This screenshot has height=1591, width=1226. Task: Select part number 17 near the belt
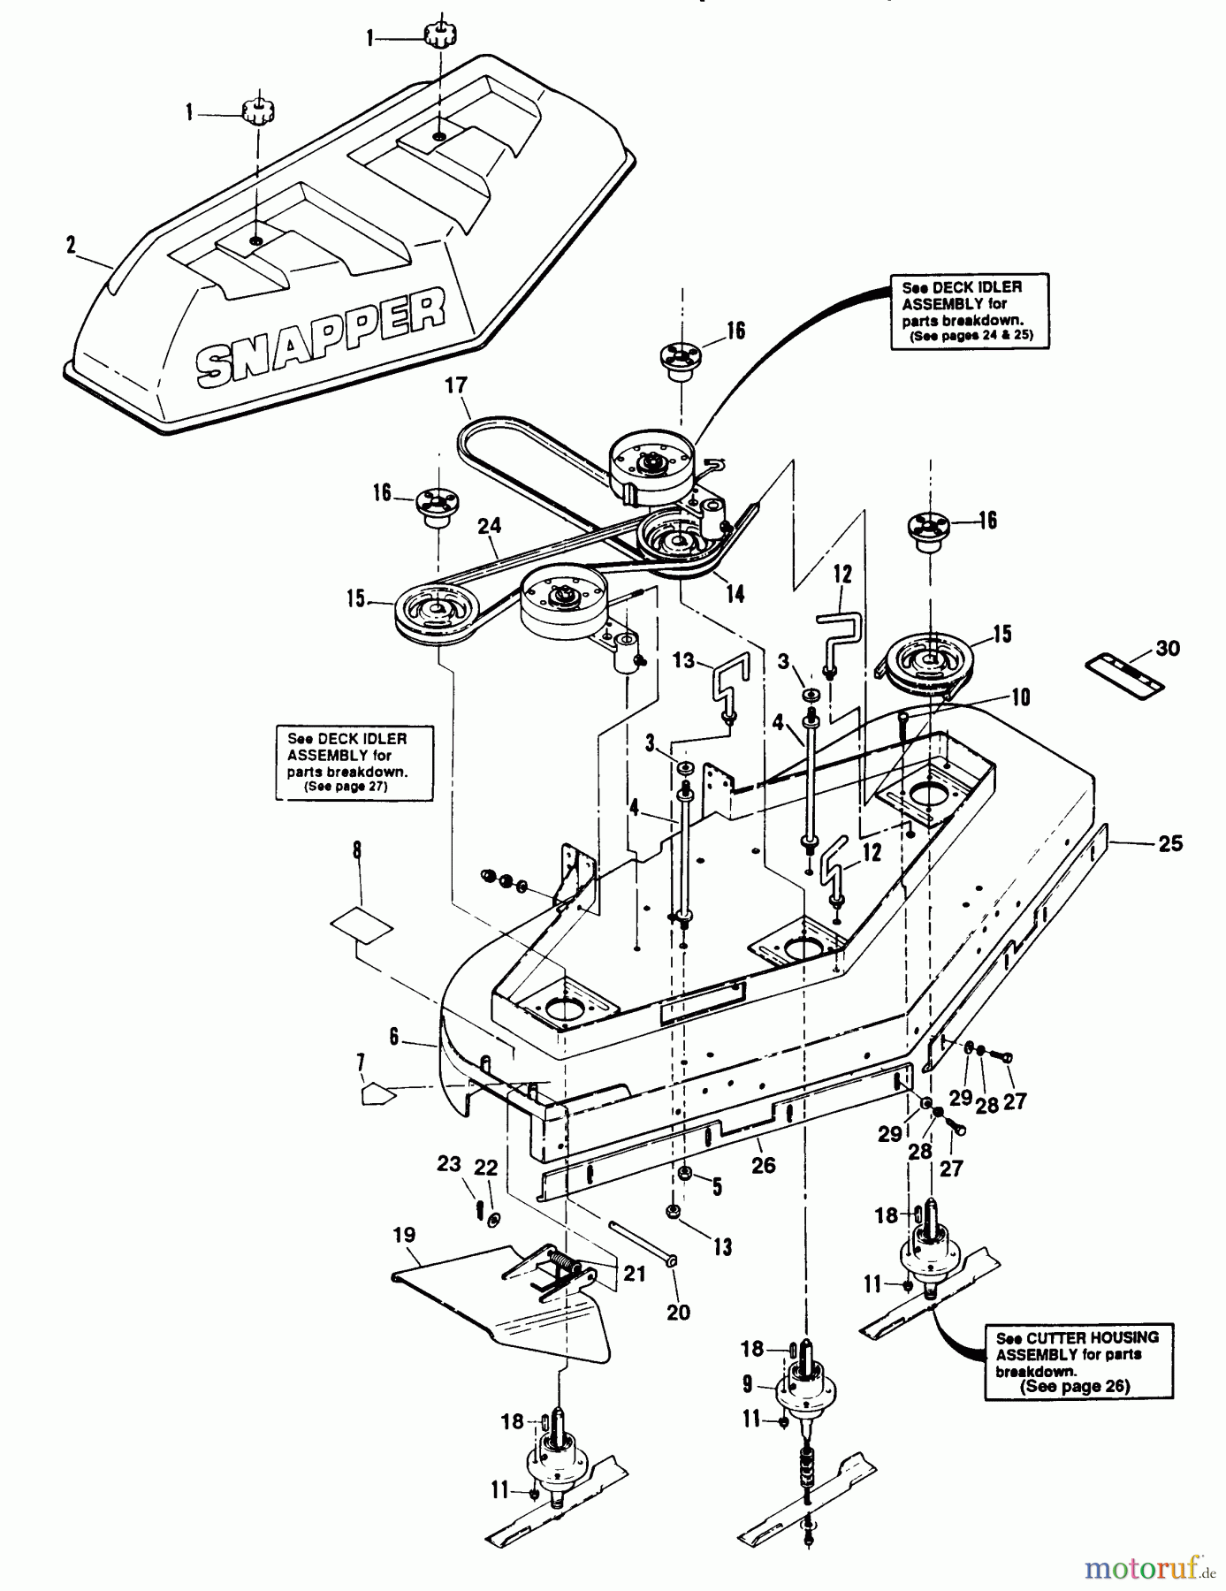456,386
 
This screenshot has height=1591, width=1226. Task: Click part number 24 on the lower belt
489,527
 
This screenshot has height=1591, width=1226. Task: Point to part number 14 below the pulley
735,593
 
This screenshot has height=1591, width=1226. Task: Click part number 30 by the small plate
1168,649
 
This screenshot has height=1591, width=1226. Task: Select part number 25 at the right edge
1170,843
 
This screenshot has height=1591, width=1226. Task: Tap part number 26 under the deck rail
763,1166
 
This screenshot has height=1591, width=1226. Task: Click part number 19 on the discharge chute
405,1235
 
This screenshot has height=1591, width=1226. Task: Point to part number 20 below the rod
678,1312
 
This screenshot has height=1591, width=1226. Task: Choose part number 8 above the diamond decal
357,851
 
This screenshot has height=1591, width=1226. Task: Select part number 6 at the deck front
394,1037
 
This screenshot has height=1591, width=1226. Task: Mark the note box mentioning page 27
354,762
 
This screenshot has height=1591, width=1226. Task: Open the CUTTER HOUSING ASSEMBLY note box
1078,1362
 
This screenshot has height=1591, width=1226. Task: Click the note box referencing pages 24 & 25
967,311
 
